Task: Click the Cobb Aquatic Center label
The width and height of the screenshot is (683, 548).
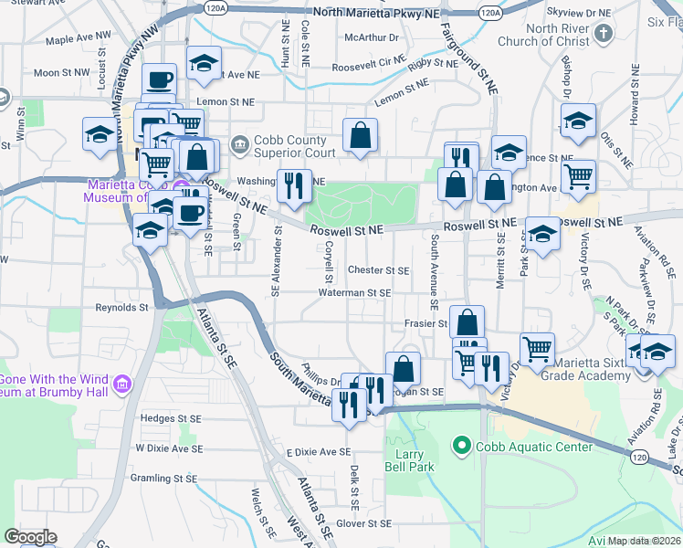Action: pos(533,447)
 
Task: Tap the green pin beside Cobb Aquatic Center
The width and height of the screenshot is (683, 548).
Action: pos(461,447)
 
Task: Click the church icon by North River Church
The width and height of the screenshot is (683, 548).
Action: pos(603,35)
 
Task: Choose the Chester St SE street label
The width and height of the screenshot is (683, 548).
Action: pos(378,270)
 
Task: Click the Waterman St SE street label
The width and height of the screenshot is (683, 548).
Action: pos(354,293)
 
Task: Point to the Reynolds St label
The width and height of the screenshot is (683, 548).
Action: pos(121,308)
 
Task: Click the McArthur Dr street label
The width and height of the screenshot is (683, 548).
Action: pos(373,37)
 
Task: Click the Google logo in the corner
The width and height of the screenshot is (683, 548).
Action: pos(30,537)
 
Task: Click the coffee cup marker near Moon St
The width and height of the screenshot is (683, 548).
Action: pos(159,79)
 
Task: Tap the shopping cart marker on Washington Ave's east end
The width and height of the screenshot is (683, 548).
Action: pos(577,176)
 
